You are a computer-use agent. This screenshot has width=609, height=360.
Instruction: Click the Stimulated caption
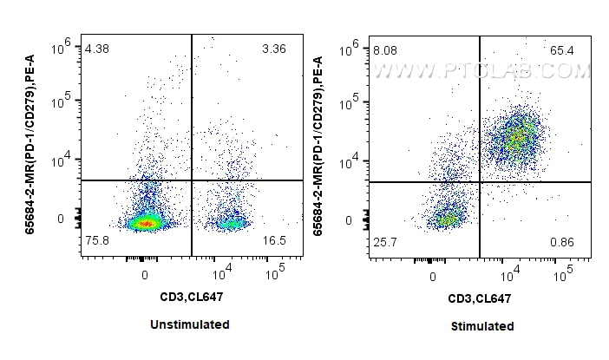point(481,326)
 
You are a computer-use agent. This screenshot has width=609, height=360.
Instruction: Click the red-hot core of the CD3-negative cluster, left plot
point(146,224)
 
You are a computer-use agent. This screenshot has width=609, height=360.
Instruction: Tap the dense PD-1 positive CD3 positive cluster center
point(519,136)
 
